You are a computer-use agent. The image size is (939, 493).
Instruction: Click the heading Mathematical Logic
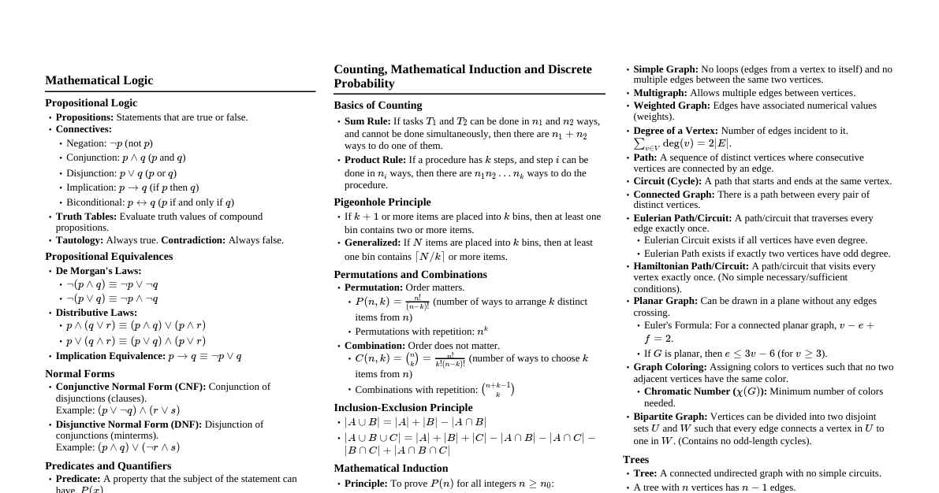click(x=99, y=80)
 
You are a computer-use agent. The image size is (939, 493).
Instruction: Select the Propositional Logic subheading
click(x=91, y=103)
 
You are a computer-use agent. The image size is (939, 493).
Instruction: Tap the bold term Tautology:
click(x=80, y=240)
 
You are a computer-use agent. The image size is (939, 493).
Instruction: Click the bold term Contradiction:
click(x=193, y=240)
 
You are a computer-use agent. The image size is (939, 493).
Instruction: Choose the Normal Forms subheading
click(x=80, y=373)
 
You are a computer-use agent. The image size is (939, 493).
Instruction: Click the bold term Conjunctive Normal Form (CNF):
click(x=131, y=387)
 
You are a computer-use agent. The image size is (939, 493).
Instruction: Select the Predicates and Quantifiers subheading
click(x=108, y=465)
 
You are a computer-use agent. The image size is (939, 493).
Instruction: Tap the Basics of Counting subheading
click(x=378, y=106)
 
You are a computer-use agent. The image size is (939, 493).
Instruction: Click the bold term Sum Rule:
click(x=367, y=121)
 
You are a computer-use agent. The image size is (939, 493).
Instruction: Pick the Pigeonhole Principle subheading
click(x=382, y=202)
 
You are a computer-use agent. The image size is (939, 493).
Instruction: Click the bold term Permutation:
click(x=374, y=287)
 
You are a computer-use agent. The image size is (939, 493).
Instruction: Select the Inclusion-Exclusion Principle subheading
click(x=403, y=407)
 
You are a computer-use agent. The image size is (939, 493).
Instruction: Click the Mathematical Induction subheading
click(x=391, y=468)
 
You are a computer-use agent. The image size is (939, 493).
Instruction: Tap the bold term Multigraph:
click(x=660, y=93)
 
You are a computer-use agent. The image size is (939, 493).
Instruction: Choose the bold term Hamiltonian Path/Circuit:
click(x=691, y=266)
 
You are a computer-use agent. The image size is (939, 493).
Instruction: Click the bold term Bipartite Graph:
click(x=670, y=417)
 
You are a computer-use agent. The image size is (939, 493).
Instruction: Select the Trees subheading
click(x=635, y=459)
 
